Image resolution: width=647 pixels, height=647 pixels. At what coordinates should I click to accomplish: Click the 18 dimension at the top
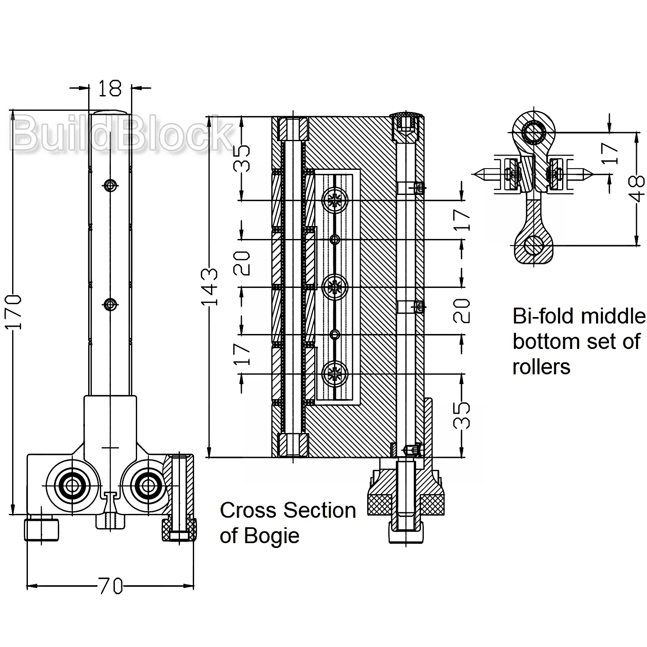110,88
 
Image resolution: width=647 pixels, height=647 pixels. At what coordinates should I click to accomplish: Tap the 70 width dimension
110,586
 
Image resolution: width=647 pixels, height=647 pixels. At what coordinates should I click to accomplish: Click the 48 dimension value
637,188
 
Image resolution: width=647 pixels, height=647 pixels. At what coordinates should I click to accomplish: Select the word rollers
541,367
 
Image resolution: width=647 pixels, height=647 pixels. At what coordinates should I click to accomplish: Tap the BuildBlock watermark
121,132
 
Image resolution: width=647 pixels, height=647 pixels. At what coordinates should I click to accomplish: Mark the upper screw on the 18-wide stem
110,186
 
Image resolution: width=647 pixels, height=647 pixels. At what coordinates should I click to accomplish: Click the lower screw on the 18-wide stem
110,304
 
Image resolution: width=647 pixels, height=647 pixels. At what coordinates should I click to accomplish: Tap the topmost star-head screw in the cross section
335,200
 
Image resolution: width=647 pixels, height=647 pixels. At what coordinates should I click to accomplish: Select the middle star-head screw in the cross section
335,287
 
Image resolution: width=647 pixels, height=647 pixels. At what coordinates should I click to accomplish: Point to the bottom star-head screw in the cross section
335,373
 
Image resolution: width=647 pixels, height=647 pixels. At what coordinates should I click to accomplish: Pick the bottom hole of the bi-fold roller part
533,245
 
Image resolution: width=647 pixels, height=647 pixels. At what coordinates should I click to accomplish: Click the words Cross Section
288,510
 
